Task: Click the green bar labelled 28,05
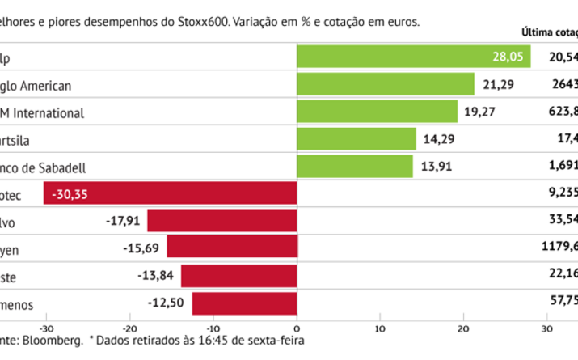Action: coord(412,56)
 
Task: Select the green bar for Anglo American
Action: coord(386,84)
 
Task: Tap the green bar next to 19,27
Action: coord(377,112)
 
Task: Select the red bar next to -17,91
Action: coord(222,222)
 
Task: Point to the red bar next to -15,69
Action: coord(232,250)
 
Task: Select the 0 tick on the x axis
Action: coord(297,328)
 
